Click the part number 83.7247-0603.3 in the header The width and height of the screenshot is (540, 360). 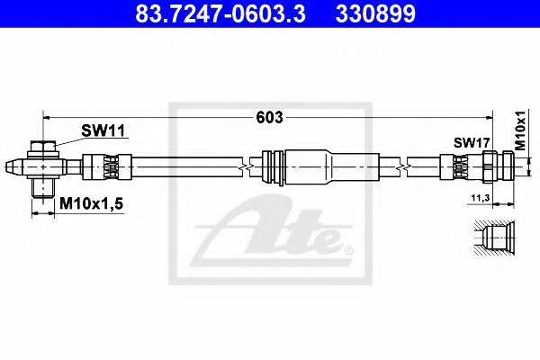pyautogui.click(x=220, y=14)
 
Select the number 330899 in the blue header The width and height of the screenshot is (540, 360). pyautogui.click(x=375, y=14)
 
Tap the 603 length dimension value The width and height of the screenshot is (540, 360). pyautogui.click(x=269, y=118)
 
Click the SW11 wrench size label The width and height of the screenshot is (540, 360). pyautogui.click(x=103, y=130)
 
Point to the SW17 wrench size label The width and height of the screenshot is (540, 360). pyautogui.click(x=472, y=142)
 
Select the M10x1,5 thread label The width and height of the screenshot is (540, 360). pyautogui.click(x=91, y=203)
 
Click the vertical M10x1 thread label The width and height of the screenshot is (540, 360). pyautogui.click(x=521, y=130)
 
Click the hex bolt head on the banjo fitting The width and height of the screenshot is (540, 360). pyautogui.click(x=42, y=146)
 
